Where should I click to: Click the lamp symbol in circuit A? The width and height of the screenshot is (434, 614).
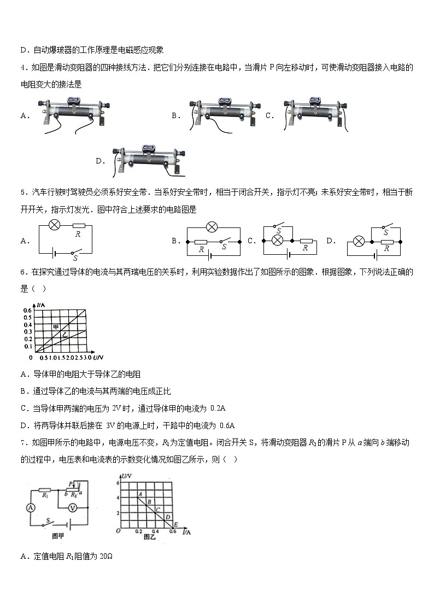(x=55, y=225)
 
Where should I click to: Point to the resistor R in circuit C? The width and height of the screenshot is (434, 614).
(x=305, y=241)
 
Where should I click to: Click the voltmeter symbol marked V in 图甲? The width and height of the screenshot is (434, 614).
(x=72, y=508)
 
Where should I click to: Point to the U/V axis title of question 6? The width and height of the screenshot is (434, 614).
(x=98, y=357)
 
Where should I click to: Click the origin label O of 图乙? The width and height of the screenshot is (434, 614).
(x=118, y=531)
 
